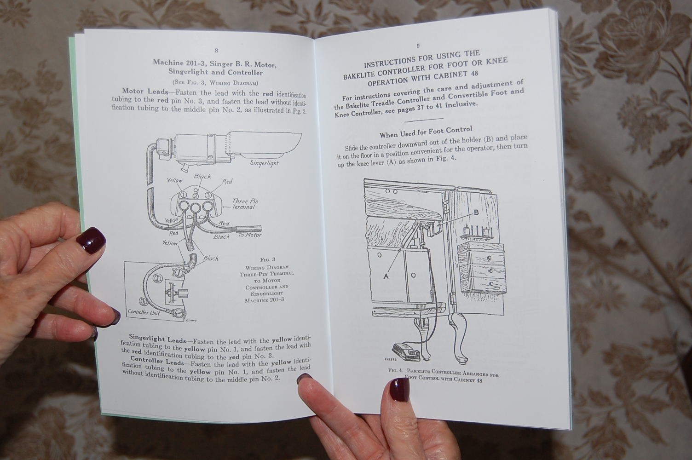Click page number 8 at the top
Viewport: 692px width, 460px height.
[x=216, y=50]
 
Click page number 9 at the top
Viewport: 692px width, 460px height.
[x=418, y=46]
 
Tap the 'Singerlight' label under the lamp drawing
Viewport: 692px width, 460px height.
[x=265, y=163]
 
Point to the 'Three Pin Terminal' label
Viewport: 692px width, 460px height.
[x=244, y=204]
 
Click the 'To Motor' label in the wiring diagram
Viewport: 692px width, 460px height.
[x=250, y=235]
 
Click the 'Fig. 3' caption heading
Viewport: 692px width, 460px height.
[x=267, y=259]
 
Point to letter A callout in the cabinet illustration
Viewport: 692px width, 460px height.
[x=386, y=276]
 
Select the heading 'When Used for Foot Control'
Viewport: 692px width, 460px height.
[x=426, y=132]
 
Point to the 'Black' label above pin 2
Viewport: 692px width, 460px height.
[x=202, y=176]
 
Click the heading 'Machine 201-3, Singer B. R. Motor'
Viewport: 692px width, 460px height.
[x=215, y=63]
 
